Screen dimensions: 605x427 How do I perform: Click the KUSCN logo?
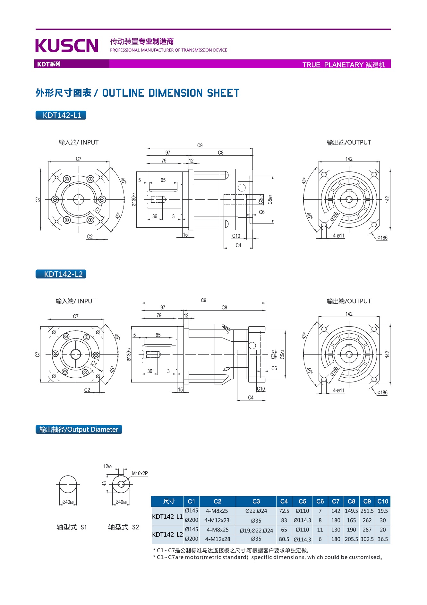coord(67,45)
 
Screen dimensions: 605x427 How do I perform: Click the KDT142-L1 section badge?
coord(61,115)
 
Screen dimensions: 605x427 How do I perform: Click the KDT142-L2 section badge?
coord(61,274)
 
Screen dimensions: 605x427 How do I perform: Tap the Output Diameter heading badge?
coord(79,429)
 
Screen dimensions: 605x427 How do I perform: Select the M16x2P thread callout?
coord(140,473)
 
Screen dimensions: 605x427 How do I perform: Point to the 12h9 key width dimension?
coord(107,466)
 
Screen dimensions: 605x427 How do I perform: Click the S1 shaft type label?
coord(72,527)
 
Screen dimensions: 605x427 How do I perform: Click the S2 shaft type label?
coord(124,527)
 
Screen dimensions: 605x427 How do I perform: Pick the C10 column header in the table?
coord(383,501)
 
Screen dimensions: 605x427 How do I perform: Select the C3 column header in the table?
coord(256,501)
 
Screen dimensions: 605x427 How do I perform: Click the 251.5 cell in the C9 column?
coord(367,511)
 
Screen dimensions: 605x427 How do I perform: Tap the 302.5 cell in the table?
coord(367,539)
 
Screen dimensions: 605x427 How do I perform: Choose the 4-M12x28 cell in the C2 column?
coord(218,539)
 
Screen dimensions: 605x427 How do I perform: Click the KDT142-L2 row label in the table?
coord(167,534)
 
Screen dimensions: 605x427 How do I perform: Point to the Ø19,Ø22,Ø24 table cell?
coord(256,530)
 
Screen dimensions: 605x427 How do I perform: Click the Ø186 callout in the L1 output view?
coord(382,238)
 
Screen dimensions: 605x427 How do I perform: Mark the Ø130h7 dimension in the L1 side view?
coord(134,200)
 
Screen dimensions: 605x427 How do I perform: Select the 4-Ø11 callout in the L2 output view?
coord(338,390)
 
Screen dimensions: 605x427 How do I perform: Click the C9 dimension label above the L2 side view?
coord(203,300)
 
